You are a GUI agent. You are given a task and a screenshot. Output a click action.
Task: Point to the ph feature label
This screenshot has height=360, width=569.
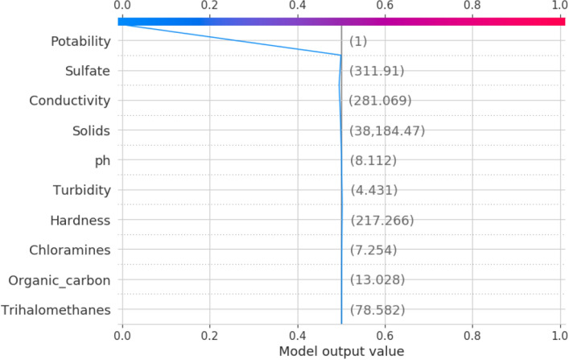click(101, 160)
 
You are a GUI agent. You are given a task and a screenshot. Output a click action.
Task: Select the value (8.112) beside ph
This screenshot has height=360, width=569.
click(373, 160)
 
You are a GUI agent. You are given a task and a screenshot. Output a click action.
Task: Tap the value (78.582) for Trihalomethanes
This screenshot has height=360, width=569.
click(377, 309)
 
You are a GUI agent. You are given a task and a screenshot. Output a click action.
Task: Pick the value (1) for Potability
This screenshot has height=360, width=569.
click(357, 41)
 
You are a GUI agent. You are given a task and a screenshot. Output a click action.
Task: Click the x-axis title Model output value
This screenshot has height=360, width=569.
click(341, 351)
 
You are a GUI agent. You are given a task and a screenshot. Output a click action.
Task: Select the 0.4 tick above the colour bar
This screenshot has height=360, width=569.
click(298, 6)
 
